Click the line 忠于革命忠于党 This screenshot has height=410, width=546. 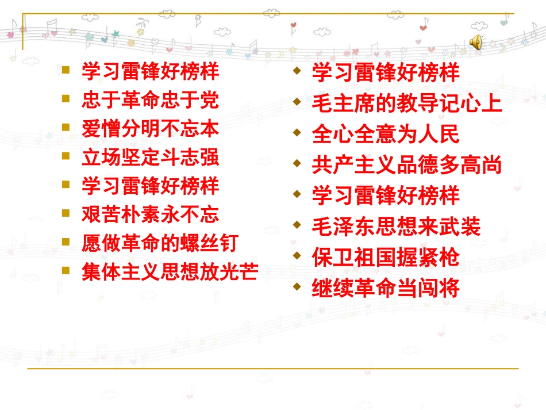coord(150,101)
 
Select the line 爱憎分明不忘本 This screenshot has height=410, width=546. coord(150,129)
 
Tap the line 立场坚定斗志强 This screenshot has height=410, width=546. coord(150,157)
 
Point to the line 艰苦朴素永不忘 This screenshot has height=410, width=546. coord(150,214)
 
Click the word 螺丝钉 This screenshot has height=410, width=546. coord(216,243)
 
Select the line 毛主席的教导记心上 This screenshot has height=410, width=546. coord(407,104)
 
